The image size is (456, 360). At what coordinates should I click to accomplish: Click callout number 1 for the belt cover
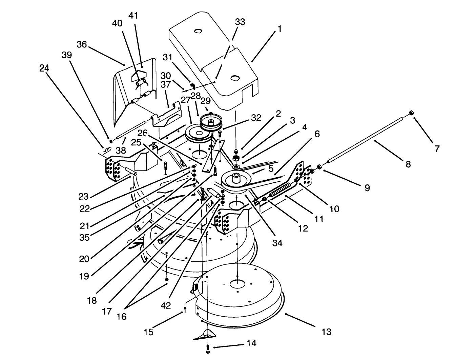click(279, 29)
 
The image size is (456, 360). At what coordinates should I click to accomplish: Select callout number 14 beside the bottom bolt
click(251, 343)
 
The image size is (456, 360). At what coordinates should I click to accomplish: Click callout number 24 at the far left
click(44, 68)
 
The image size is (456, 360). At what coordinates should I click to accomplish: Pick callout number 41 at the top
click(133, 16)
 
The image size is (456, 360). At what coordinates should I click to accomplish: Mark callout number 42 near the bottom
click(166, 305)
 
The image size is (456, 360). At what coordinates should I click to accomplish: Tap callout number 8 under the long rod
click(408, 164)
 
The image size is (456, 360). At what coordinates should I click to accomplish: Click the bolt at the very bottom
click(207, 349)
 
